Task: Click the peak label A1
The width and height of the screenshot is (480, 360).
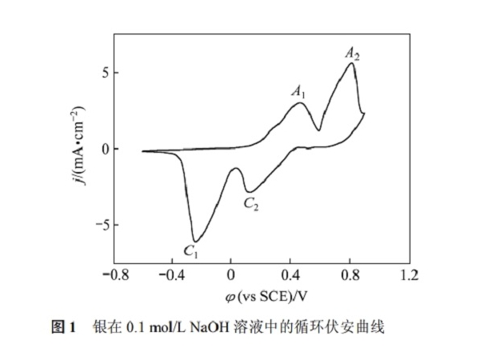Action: click(x=298, y=91)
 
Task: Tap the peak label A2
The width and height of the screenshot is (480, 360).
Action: click(x=353, y=54)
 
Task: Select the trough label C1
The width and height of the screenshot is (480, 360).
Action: click(x=191, y=252)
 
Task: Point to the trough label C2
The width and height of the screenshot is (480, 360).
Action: click(x=251, y=204)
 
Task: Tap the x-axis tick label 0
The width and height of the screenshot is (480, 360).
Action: click(x=230, y=276)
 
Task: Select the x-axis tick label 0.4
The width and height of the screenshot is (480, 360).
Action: click(x=290, y=276)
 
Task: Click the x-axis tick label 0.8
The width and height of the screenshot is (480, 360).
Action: click(x=349, y=276)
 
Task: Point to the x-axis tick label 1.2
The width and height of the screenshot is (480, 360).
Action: click(x=409, y=276)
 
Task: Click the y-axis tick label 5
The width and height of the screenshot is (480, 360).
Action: click(x=94, y=73)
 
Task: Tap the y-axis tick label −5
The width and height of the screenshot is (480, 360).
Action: click(x=90, y=225)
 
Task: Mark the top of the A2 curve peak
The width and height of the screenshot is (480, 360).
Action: click(x=352, y=63)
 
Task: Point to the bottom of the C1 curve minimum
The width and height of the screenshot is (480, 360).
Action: click(x=194, y=241)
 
